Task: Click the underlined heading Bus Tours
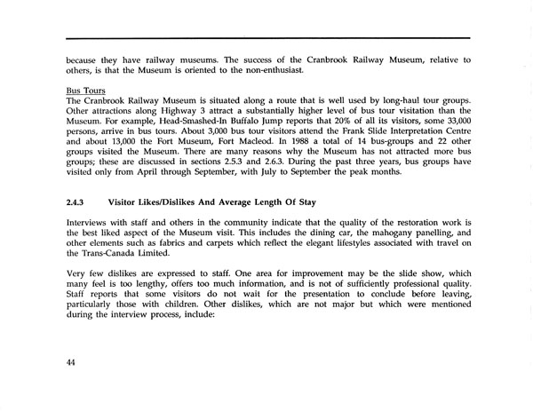[x=85, y=90]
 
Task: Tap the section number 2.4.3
[x=78, y=202]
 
